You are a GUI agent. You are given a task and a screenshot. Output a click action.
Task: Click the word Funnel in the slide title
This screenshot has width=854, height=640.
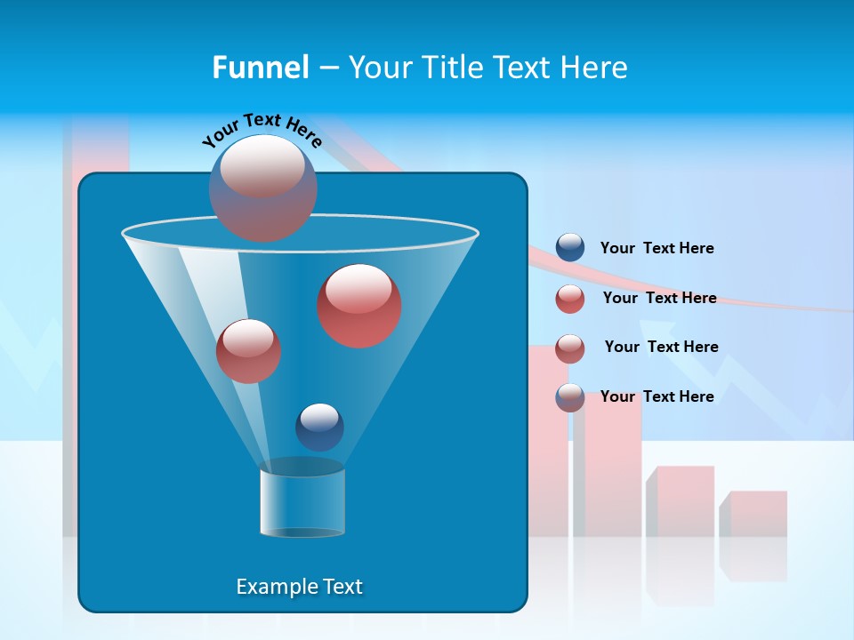click(x=260, y=68)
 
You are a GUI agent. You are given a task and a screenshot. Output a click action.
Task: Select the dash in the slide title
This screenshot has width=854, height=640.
click(x=327, y=68)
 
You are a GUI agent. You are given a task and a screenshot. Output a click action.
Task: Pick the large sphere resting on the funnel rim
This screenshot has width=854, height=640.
click(x=263, y=188)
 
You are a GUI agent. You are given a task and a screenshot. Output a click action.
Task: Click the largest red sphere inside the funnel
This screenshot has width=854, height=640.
click(x=359, y=306)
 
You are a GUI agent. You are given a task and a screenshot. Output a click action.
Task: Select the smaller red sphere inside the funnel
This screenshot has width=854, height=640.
click(x=249, y=351)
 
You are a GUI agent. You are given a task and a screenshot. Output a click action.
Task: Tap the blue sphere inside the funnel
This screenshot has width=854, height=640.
click(x=319, y=428)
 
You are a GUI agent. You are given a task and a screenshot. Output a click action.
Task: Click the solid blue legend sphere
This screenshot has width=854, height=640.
click(x=570, y=248)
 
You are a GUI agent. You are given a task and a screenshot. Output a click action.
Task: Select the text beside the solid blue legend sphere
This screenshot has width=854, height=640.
click(x=657, y=248)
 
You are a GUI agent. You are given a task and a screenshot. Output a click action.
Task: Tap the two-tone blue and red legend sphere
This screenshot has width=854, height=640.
click(x=570, y=397)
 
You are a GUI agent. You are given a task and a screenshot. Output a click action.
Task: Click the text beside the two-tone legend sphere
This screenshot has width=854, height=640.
click(x=657, y=396)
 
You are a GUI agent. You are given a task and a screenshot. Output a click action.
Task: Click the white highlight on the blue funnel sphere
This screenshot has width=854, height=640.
click(x=319, y=417)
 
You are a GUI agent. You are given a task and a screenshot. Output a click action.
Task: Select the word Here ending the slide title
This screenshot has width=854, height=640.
click(x=595, y=68)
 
